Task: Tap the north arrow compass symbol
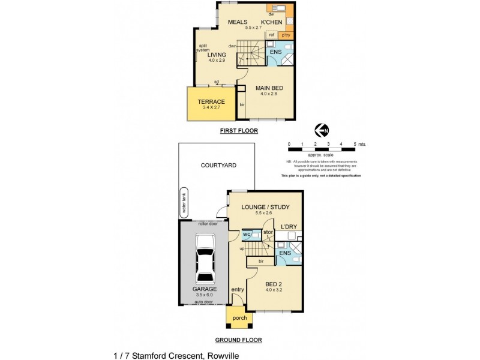click(x=322, y=130)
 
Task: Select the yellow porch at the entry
click(x=239, y=317)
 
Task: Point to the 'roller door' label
click(x=203, y=223)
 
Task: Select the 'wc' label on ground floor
click(x=246, y=234)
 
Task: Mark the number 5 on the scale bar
click(x=355, y=145)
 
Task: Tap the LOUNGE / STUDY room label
click(x=265, y=207)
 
